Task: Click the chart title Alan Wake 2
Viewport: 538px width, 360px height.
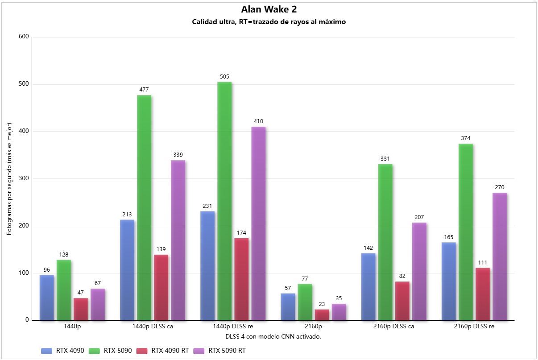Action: click(269, 9)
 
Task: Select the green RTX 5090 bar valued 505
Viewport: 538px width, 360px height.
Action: click(224, 201)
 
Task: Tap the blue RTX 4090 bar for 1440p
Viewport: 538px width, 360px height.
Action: click(47, 298)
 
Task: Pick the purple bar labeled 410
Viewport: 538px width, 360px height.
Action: click(258, 223)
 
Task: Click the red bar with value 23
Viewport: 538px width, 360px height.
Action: click(322, 314)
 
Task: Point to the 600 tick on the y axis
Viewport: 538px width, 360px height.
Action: click(24, 37)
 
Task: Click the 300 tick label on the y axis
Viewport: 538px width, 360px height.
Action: click(24, 178)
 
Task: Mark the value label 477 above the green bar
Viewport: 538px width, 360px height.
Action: click(144, 89)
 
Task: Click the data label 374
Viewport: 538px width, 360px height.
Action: click(466, 138)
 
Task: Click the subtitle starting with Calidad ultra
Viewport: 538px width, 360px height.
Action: click(269, 22)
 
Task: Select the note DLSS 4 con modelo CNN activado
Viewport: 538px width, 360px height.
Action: click(269, 336)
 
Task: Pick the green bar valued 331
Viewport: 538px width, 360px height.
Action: click(385, 242)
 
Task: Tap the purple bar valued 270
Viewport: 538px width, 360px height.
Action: click(500, 257)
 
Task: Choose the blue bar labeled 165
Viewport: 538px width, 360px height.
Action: click(449, 281)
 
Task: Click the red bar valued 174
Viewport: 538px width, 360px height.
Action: click(241, 279)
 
